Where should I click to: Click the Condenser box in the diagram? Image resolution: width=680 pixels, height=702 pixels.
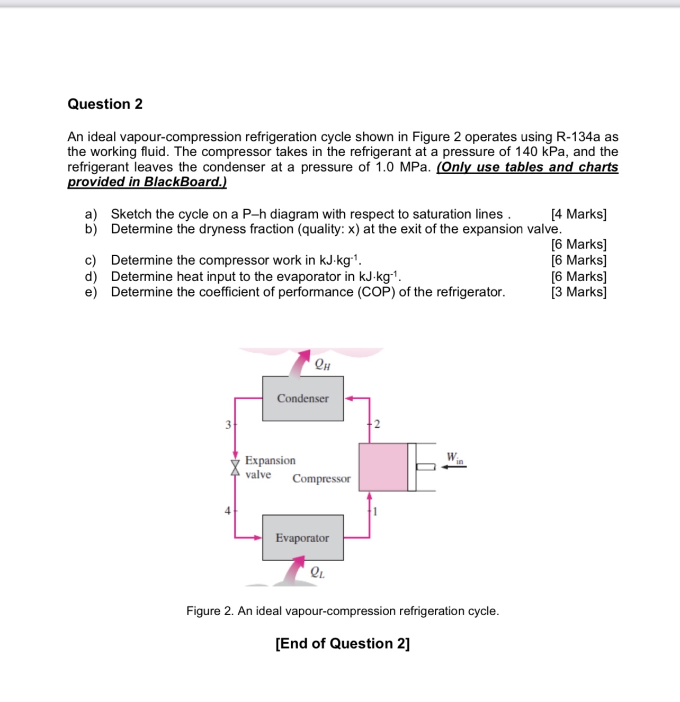click(303, 399)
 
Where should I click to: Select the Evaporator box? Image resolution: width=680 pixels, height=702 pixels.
click(303, 538)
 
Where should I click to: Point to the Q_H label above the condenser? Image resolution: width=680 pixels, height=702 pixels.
click(322, 364)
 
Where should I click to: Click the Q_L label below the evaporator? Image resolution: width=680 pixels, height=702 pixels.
click(317, 572)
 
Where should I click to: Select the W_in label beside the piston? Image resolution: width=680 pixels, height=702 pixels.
click(454, 457)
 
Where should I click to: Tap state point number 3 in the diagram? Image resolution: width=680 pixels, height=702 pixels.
click(228, 425)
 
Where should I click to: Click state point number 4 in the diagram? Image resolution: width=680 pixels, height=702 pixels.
click(227, 511)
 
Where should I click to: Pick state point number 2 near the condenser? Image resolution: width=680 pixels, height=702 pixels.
click(377, 424)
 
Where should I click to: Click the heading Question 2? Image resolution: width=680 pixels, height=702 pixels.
click(105, 104)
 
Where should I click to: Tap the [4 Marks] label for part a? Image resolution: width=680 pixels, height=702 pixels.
click(578, 214)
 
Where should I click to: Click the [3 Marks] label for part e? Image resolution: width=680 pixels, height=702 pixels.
click(578, 292)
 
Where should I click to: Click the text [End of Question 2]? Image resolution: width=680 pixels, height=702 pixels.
click(343, 643)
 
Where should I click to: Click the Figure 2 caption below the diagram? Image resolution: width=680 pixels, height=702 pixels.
click(343, 611)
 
